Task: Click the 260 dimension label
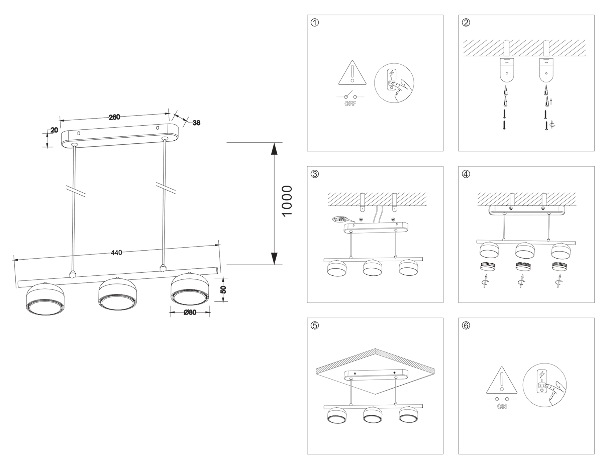click(114, 117)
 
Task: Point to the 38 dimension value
click(197, 123)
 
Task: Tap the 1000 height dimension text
click(287, 201)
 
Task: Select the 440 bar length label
click(116, 253)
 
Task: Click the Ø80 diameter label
click(190, 313)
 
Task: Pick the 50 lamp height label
click(223, 289)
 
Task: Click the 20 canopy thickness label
click(54, 130)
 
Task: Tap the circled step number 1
click(315, 22)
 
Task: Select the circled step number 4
click(466, 174)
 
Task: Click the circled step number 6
click(466, 325)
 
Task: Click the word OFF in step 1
click(350, 104)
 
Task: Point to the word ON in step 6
click(502, 407)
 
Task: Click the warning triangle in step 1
click(352, 73)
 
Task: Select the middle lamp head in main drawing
click(117, 294)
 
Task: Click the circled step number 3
click(315, 174)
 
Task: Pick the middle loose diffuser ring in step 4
click(522, 266)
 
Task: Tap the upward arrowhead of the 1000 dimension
click(274, 149)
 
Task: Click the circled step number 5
click(315, 325)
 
